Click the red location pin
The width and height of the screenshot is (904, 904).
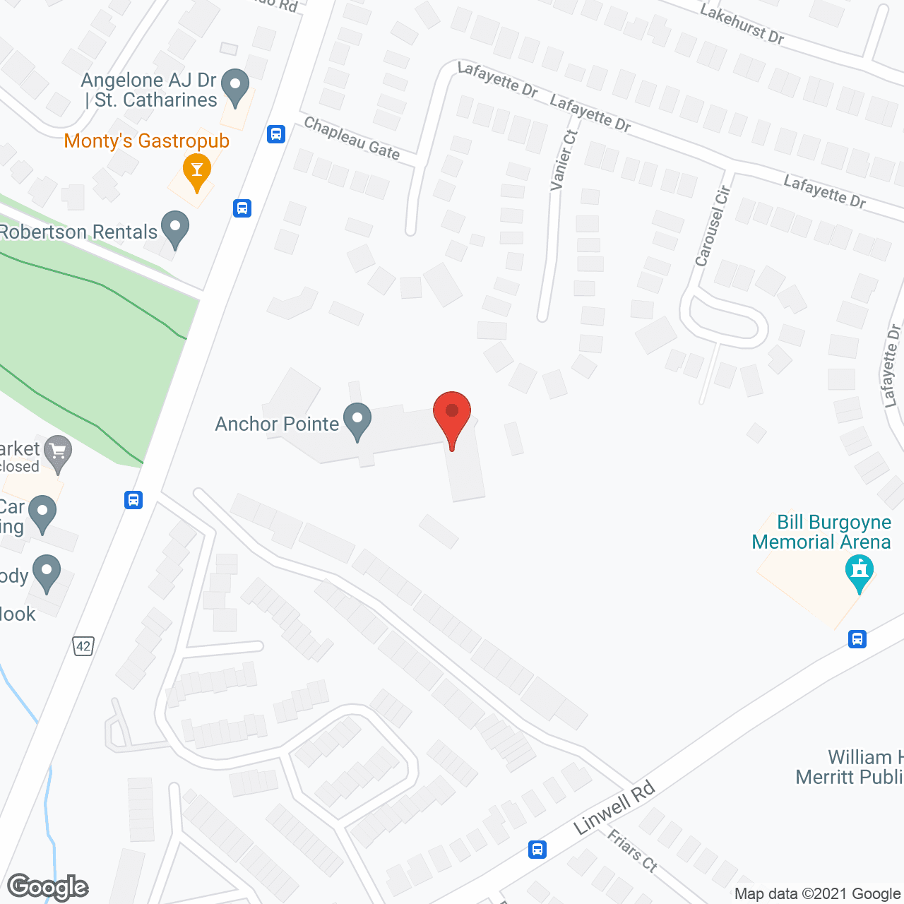(x=451, y=417)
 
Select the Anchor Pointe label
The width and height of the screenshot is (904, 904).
(x=277, y=424)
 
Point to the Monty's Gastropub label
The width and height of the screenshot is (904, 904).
(x=147, y=141)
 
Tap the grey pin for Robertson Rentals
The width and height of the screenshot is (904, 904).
(x=175, y=228)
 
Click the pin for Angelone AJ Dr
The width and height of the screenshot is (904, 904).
(x=235, y=87)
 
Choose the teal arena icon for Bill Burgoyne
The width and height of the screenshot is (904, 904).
(x=859, y=571)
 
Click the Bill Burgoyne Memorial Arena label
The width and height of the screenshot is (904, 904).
(x=821, y=532)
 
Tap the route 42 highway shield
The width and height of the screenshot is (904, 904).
(x=83, y=646)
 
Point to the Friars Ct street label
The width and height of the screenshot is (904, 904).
(x=632, y=850)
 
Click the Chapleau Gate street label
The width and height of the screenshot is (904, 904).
(x=352, y=138)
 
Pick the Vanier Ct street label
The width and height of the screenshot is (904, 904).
(x=564, y=160)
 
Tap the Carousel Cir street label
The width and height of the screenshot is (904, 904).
(x=712, y=226)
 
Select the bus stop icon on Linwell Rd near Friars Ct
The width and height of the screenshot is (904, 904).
(x=537, y=849)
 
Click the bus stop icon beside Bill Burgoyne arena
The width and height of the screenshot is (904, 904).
(x=857, y=639)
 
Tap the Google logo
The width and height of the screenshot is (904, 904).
(x=48, y=887)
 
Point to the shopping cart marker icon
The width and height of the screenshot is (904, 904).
(x=58, y=453)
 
